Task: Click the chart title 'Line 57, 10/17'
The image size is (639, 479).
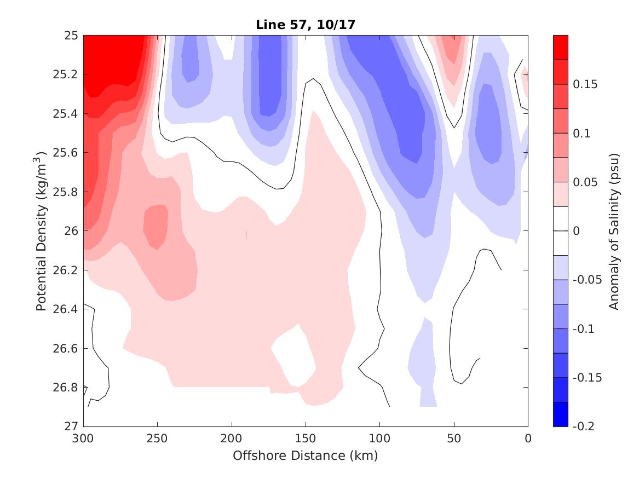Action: [306, 25]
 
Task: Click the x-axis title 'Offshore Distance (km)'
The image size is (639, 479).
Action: [306, 455]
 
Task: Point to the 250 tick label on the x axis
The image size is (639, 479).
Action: [157, 438]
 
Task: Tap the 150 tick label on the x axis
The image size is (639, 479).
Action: [306, 438]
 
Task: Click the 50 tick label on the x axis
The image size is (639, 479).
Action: [454, 438]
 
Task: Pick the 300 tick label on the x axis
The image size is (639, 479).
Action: [83, 438]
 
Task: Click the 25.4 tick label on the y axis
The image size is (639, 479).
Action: [69, 114]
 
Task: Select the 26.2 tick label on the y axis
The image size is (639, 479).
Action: [69, 270]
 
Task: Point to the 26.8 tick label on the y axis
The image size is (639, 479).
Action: [69, 388]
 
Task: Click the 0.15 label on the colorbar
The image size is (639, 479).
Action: [585, 84]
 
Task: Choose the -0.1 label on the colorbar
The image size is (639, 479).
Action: [584, 329]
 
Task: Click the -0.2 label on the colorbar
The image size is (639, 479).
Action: [584, 426]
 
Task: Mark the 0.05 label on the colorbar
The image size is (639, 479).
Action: [585, 182]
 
